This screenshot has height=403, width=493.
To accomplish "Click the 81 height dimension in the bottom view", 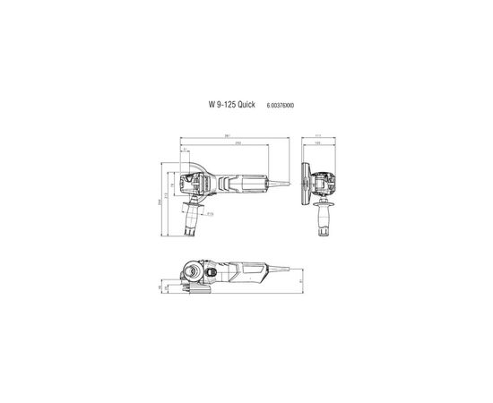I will point(300,280).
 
